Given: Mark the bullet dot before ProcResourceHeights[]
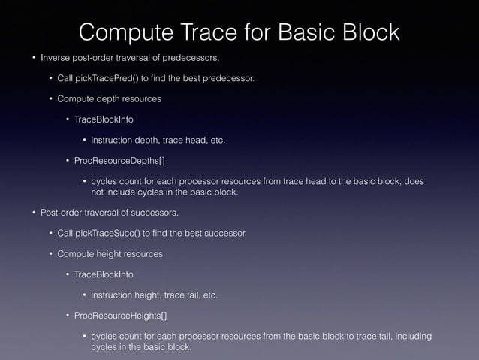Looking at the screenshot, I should (68, 315).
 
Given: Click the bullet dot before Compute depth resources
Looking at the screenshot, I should (51, 98).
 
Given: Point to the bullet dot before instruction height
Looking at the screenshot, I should (84, 295).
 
